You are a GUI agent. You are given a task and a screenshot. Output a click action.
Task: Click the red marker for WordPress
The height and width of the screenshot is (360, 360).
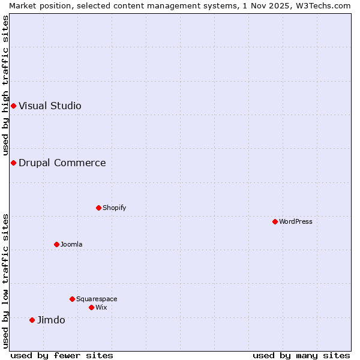tap(275, 221)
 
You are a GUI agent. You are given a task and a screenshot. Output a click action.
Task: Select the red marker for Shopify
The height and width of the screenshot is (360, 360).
tap(98, 208)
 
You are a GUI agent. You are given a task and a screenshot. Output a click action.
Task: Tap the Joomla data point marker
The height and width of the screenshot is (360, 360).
tap(56, 244)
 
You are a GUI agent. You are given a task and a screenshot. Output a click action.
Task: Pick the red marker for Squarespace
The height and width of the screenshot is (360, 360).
tap(72, 299)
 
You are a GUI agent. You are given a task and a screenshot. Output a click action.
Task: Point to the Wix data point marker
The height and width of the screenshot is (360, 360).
tap(91, 307)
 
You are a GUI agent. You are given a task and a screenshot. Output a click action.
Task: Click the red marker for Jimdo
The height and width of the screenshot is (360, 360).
tap(32, 320)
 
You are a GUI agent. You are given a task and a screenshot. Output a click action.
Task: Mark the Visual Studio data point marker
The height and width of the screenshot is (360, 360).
tap(13, 106)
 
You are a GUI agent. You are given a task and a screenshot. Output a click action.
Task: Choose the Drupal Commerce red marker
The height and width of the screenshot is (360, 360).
tap(13, 163)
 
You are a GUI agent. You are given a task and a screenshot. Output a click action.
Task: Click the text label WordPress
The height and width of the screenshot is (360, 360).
tap(296, 221)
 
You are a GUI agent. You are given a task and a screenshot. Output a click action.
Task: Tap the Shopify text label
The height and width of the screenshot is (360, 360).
tap(115, 208)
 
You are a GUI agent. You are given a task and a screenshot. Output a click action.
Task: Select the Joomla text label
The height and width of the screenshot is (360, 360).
tap(71, 244)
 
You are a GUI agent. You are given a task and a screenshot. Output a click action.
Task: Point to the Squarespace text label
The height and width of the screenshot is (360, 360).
tap(97, 299)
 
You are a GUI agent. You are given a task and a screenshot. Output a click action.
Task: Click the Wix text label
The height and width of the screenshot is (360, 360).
tap(101, 307)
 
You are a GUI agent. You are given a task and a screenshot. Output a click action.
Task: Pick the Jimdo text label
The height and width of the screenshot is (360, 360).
tap(51, 320)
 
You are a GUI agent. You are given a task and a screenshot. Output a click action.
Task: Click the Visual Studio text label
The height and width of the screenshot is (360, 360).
tap(50, 106)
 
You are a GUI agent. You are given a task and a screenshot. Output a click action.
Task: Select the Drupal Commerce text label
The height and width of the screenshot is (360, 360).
tap(62, 163)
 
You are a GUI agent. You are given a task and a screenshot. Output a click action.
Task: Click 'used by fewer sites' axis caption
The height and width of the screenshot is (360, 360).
tap(62, 355)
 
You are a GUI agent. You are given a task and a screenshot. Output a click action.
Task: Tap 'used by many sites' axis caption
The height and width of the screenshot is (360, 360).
tap(301, 355)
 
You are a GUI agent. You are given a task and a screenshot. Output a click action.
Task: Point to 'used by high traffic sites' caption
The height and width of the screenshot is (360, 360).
tap(5, 85)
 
